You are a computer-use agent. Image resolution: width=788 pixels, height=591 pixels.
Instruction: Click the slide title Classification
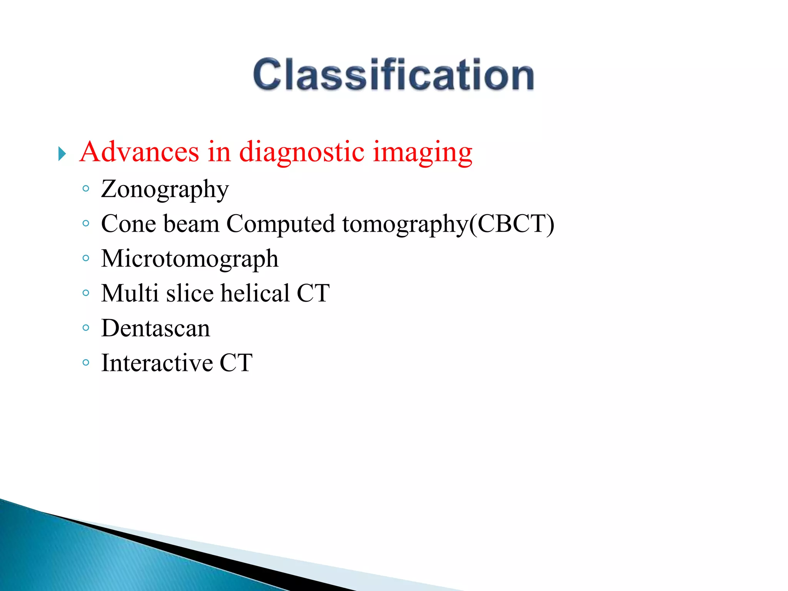tap(393, 74)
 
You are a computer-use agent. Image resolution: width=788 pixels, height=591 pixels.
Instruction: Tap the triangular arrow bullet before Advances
tap(62, 154)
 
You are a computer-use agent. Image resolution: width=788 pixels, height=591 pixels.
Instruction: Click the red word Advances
tap(139, 152)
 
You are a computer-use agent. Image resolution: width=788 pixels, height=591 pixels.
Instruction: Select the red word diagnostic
tap(301, 152)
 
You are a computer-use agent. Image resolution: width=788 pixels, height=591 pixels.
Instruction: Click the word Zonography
tap(165, 189)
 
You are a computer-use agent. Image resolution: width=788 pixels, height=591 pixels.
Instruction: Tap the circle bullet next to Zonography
tap(86, 189)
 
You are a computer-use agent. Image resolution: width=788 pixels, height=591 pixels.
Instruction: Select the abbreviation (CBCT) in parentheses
tap(511, 224)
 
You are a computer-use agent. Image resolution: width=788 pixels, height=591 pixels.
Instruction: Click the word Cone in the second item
tap(128, 224)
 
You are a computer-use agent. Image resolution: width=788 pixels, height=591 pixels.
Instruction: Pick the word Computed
tap(280, 224)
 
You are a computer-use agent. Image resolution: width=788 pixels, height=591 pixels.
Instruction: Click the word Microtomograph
tap(189, 259)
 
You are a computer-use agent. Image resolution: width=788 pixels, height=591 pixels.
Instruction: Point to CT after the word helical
tap(313, 293)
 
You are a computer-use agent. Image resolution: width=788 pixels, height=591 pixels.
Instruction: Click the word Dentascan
tap(155, 328)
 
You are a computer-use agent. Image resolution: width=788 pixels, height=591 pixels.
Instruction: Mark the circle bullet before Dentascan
tap(86, 328)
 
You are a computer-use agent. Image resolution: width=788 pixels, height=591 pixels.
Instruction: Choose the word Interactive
tap(157, 363)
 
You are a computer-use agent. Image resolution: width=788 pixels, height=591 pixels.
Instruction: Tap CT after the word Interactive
tap(236, 363)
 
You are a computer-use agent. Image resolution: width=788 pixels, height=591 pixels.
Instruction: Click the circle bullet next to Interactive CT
tap(86, 362)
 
